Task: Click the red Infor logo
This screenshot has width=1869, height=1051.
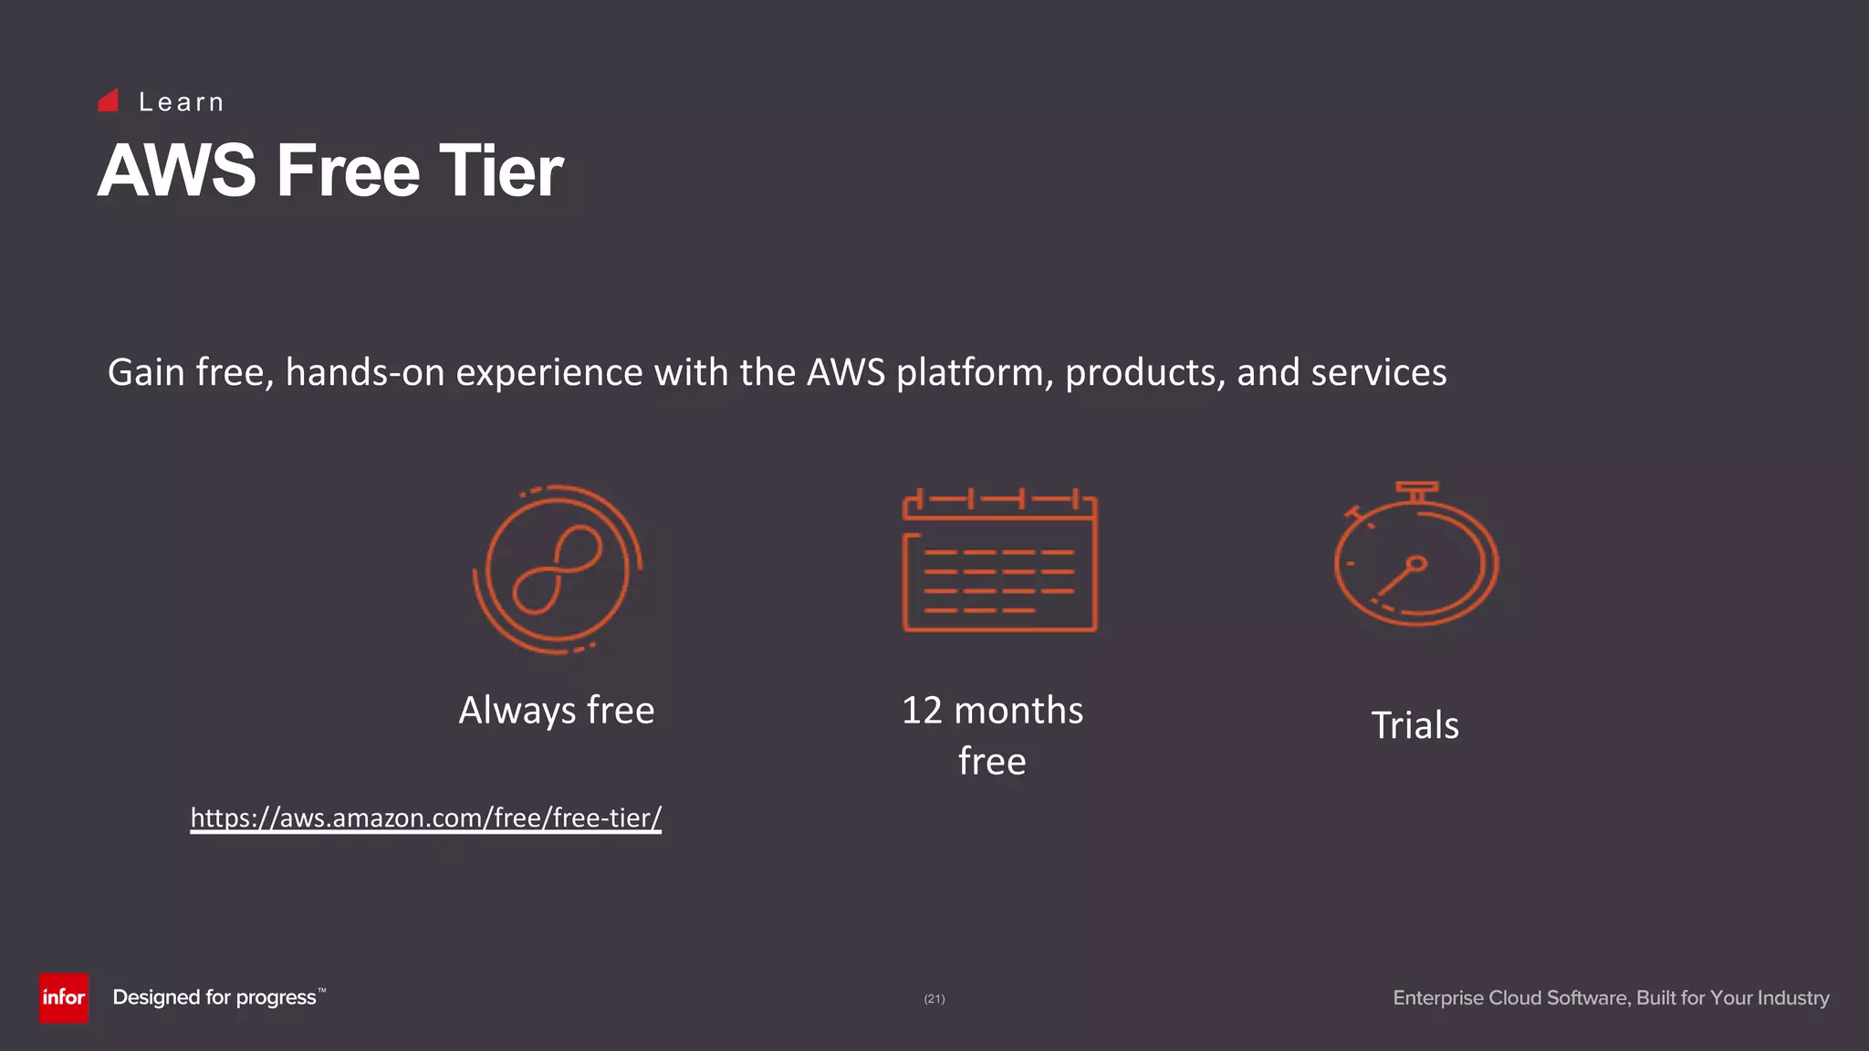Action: pyautogui.click(x=63, y=997)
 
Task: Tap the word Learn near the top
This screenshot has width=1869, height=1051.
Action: pyautogui.click(x=182, y=102)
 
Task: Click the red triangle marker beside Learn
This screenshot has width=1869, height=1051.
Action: pyautogui.click(x=109, y=100)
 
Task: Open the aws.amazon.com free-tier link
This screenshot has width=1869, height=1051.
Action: pyautogui.click(x=425, y=817)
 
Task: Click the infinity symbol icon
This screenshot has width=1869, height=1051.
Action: pyautogui.click(x=557, y=569)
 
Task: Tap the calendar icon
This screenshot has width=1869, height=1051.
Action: pyautogui.click(x=999, y=561)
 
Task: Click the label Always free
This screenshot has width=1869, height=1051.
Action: pyautogui.click(x=556, y=710)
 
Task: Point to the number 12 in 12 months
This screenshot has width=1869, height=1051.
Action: pyautogui.click(x=922, y=710)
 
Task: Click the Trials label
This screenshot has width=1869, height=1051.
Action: pyautogui.click(x=1415, y=725)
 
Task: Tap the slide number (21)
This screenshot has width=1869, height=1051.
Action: pyautogui.click(x=934, y=999)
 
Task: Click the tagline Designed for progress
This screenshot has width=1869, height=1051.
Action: pyautogui.click(x=214, y=997)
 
